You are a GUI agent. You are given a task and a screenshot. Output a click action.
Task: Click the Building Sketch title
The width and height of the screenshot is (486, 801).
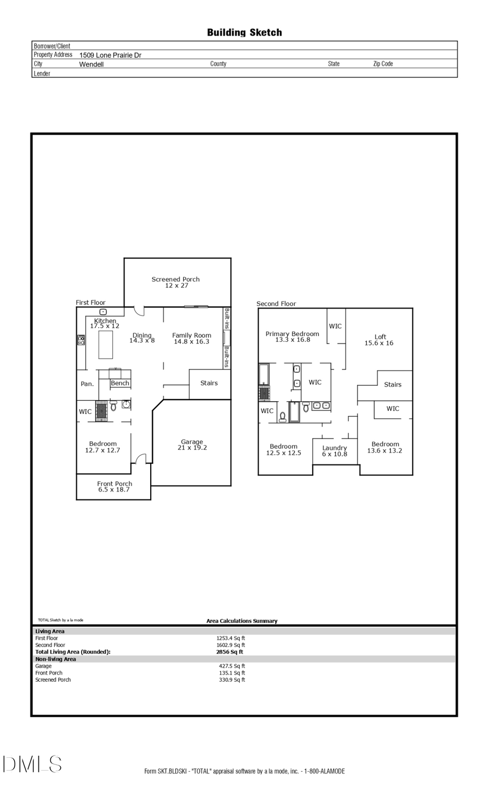[x=244, y=32]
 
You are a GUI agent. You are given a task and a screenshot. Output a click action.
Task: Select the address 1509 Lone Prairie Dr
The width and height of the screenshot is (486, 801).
[x=110, y=55]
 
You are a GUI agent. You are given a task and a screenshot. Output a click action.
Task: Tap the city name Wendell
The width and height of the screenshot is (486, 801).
[x=91, y=64]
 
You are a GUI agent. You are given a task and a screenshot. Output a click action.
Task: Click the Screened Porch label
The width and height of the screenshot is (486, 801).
[x=175, y=279]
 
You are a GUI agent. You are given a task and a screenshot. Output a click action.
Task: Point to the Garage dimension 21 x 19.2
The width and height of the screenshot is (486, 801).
[x=192, y=448]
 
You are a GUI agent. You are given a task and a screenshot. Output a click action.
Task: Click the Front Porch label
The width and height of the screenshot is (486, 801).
[x=114, y=483]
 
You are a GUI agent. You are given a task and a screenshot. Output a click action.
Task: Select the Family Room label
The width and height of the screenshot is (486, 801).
[x=192, y=335]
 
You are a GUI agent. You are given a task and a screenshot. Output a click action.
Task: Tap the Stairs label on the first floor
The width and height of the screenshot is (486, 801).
[x=209, y=383]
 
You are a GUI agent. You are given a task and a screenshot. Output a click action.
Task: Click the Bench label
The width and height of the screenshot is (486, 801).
[x=120, y=383]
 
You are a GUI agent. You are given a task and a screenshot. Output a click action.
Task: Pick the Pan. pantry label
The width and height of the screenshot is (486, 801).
[x=87, y=384]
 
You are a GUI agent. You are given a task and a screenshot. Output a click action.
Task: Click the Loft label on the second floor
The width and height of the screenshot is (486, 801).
[x=380, y=336]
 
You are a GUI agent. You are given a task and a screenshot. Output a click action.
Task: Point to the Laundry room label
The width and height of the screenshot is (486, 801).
[x=334, y=448]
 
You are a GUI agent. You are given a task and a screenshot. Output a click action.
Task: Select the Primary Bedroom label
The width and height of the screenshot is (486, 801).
[x=292, y=334]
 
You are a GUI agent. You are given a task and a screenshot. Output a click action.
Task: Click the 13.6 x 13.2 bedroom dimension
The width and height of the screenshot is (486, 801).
[x=384, y=451]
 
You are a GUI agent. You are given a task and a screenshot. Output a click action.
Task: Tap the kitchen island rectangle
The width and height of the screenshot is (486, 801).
[x=105, y=345]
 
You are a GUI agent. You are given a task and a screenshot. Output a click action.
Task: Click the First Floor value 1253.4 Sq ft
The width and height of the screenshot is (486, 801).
[x=231, y=638]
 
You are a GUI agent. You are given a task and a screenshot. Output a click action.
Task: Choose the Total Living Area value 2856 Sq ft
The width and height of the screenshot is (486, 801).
[x=230, y=652]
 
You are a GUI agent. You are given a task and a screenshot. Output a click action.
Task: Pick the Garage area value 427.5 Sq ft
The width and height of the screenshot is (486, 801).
[x=232, y=666]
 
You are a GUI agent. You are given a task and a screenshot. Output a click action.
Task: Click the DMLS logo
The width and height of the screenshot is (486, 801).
[x=32, y=764]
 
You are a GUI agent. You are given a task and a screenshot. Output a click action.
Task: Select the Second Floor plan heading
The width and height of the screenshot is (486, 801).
[x=276, y=304]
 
